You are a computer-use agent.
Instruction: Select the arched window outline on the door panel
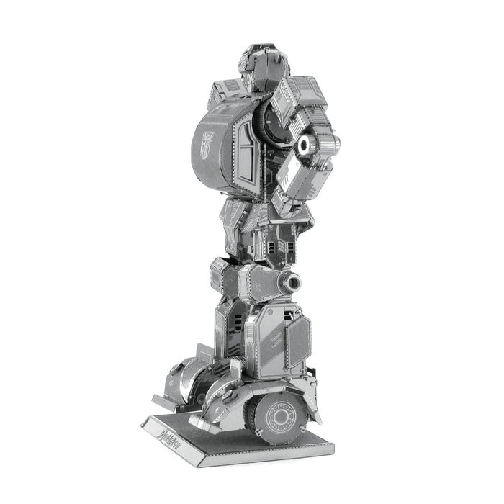(237, 147)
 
